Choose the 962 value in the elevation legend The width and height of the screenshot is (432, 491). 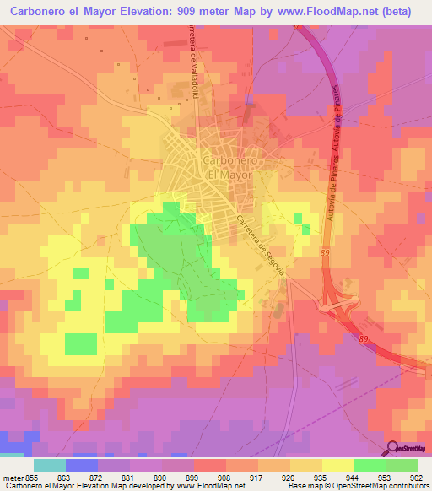click(418, 477)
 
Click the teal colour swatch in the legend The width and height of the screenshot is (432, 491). click(50, 465)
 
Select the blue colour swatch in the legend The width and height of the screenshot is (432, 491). click(82, 465)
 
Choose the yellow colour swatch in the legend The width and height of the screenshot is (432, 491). click(338, 465)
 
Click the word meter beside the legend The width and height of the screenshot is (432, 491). click(13, 477)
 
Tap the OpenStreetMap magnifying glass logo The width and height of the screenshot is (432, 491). click(391, 448)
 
